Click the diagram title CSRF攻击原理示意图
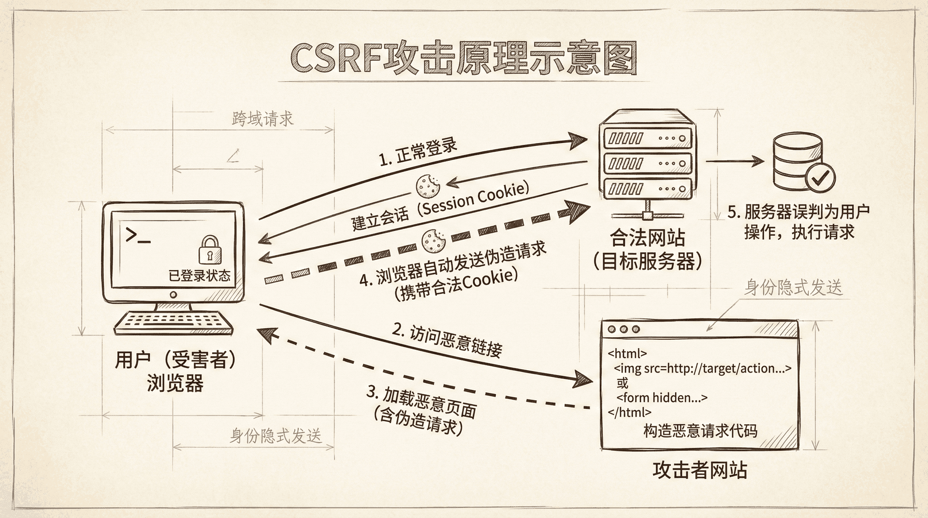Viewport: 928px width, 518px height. pyautogui.click(x=463, y=59)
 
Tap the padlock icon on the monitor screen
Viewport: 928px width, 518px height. pyautogui.click(x=210, y=250)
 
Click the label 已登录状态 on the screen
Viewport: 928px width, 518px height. pyautogui.click(x=199, y=275)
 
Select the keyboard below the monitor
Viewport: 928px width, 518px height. pyautogui.click(x=174, y=322)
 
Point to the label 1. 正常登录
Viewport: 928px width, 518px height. pyautogui.click(x=418, y=152)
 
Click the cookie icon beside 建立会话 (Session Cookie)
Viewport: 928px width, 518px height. pyautogui.click(x=427, y=185)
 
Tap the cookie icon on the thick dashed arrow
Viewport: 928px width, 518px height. pyautogui.click(x=434, y=241)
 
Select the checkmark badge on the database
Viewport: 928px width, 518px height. pyautogui.click(x=820, y=178)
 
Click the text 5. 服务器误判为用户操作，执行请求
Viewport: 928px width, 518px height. pyautogui.click(x=798, y=222)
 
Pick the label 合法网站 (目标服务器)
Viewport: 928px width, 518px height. pyautogui.click(x=647, y=249)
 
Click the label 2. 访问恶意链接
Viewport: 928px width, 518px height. pyautogui.click(x=447, y=340)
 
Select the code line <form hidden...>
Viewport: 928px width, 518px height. pyautogui.click(x=662, y=398)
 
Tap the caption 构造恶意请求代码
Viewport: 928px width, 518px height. pyautogui.click(x=700, y=431)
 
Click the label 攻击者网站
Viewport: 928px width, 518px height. pyautogui.click(x=699, y=470)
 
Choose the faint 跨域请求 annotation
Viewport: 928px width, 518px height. pyautogui.click(x=262, y=118)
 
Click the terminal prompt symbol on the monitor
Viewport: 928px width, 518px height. pyautogui.click(x=137, y=235)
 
